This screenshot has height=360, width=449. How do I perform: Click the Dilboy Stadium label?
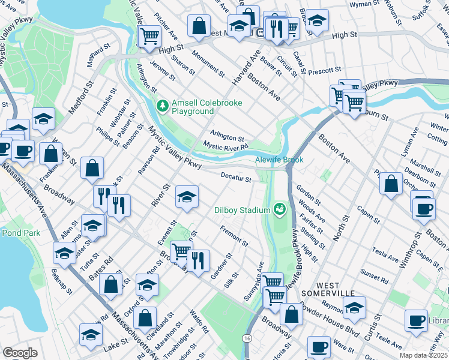[x=242, y=210]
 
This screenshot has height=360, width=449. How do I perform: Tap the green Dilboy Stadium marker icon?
[x=279, y=209]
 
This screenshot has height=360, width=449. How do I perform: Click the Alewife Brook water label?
[x=280, y=160]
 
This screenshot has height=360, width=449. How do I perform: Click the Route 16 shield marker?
[x=247, y=339]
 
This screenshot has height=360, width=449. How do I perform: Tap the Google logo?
[x=20, y=353]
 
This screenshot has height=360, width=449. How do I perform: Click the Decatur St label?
[x=235, y=177]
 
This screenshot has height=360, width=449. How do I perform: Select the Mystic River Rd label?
[x=225, y=146]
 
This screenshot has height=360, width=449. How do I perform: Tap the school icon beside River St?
[x=187, y=197]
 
